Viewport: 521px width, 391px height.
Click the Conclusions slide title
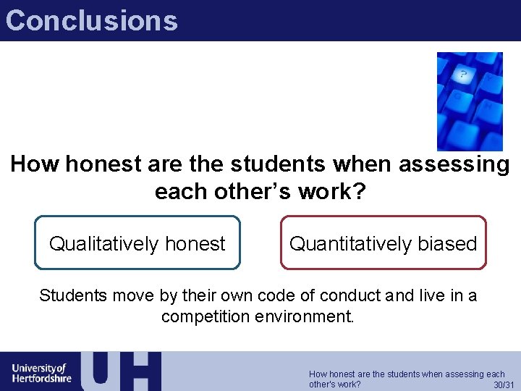click(91, 20)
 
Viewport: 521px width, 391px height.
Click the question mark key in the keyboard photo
click(463, 75)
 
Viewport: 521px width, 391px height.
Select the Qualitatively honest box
click(137, 243)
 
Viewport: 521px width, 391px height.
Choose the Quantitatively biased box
click(384, 243)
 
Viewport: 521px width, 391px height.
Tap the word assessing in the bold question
click(454, 165)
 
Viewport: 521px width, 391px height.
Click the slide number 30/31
click(504, 384)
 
